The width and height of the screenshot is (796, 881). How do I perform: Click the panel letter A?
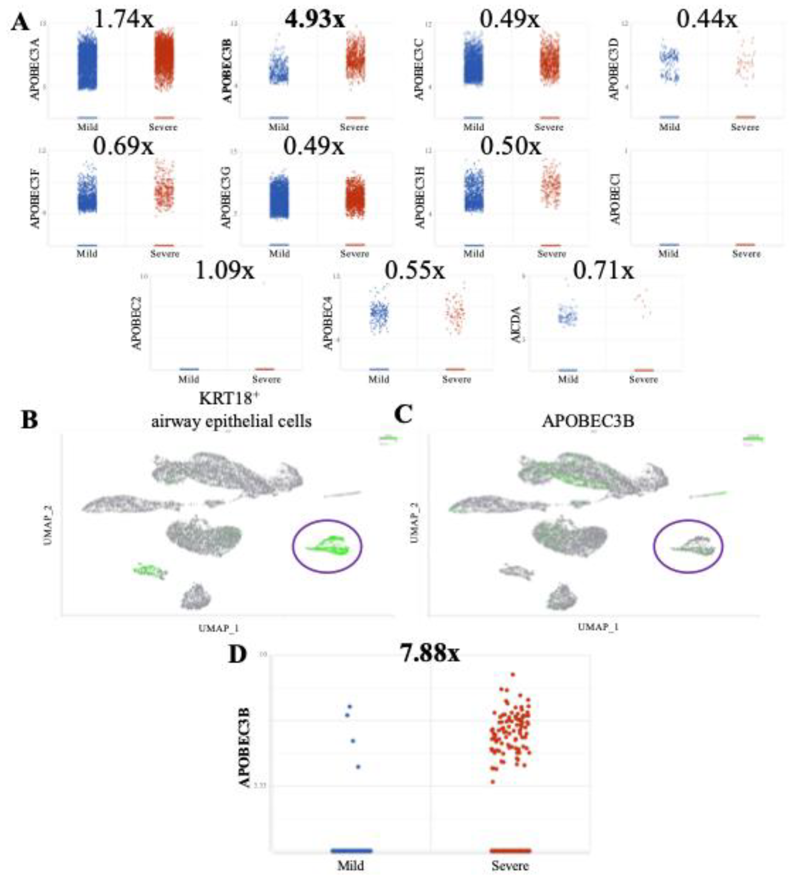pyautogui.click(x=20, y=22)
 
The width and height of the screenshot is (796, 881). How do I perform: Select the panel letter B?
pyautogui.click(x=30, y=419)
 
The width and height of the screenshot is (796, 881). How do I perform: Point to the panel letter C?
pyautogui.click(x=403, y=414)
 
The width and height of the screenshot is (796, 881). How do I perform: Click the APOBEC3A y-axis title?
pyautogui.click(x=35, y=69)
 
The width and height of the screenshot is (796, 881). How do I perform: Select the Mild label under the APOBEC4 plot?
pyautogui.click(x=378, y=379)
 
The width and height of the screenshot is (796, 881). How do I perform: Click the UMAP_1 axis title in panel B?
pyautogui.click(x=218, y=628)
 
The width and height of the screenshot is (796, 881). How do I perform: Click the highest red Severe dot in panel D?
pyautogui.click(x=513, y=674)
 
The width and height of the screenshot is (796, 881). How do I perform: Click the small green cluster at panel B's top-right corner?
pyautogui.click(x=388, y=438)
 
